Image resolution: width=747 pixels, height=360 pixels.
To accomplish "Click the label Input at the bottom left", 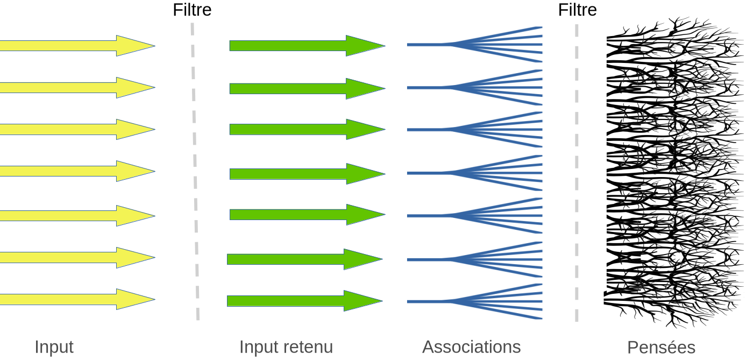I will pos(54,347).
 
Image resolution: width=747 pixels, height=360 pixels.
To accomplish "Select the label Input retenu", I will pos(286,347).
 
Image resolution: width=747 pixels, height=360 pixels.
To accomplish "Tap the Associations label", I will pos(472,347).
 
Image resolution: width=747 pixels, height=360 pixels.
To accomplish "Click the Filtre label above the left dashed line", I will pos(192,10).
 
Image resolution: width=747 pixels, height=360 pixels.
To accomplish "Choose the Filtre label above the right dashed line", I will pos(578,10).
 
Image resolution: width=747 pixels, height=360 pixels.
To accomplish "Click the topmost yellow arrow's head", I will pos(134,46).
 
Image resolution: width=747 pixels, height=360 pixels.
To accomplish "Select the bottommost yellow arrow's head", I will pos(134,299).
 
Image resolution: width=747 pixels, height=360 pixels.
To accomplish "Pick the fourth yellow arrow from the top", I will pos(75,171).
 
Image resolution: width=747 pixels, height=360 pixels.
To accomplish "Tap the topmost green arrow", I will pos(307,46).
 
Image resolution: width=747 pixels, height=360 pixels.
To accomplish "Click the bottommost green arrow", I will pos(304,301).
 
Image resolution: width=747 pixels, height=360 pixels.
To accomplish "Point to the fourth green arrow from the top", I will pos(307,173).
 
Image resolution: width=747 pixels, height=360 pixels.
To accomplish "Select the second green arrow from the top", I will pos(307,88).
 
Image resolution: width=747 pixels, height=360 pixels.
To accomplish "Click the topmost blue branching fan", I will pos(484,44).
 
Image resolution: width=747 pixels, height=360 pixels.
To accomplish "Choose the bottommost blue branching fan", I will pos(484,301).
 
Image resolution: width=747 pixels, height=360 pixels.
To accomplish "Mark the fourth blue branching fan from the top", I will pos(484,173).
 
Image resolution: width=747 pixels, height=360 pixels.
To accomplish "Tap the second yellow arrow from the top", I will pos(75,87).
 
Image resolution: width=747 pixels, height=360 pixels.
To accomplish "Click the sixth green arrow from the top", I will pos(304,259).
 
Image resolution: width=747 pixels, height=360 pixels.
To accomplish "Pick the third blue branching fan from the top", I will pos(484,129).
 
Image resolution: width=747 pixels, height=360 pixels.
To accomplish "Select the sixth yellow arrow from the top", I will pos(75,257).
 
